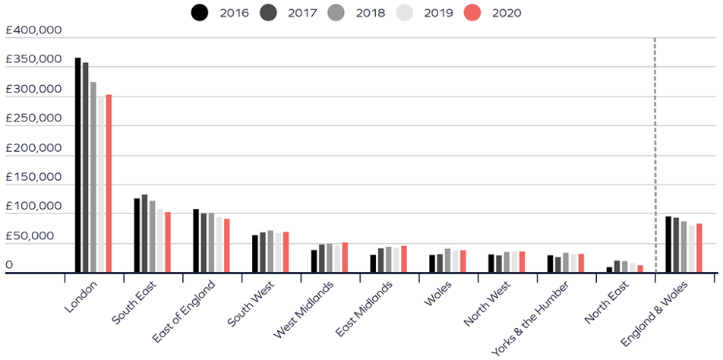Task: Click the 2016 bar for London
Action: (x=77, y=164)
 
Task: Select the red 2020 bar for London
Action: (x=109, y=183)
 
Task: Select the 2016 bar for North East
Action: (x=609, y=269)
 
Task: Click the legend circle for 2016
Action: (x=200, y=12)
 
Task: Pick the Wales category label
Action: (x=439, y=295)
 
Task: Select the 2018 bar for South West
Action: (x=270, y=251)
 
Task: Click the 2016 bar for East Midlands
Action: (x=373, y=263)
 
